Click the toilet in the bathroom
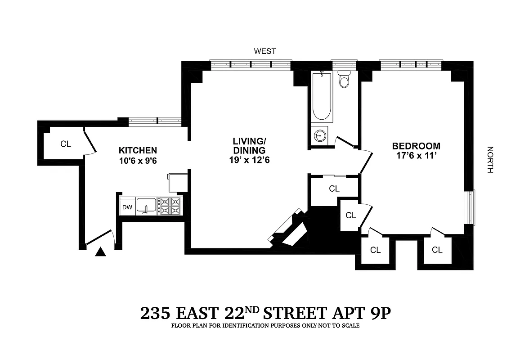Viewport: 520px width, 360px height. [344, 80]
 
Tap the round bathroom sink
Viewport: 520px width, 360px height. [320, 135]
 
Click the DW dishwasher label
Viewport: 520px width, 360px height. [127, 207]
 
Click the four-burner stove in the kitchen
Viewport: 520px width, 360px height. [170, 206]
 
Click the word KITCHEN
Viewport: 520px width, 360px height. [138, 150]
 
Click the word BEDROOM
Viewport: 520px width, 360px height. [416, 146]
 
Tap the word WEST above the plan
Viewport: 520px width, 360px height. [265, 51]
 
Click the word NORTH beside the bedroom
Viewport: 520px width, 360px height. [490, 160]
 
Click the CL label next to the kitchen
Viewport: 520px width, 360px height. [66, 144]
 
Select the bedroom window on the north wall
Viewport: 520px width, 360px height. [471, 207]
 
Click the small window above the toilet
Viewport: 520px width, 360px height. [344, 63]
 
